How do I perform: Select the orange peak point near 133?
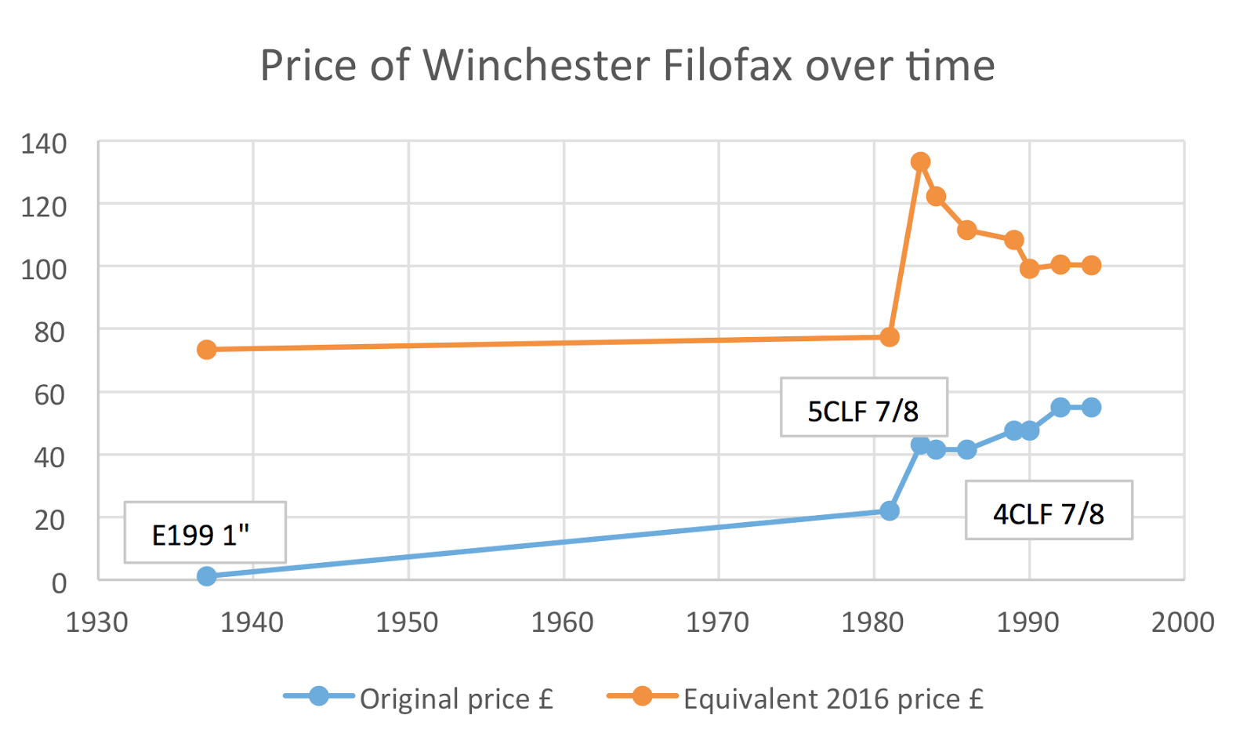click(x=920, y=162)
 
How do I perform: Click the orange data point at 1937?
click(x=206, y=350)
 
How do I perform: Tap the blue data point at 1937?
click(x=206, y=576)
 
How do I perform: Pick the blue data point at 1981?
click(x=889, y=511)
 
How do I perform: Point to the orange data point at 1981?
click(x=889, y=337)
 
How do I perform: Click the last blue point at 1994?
click(x=1091, y=408)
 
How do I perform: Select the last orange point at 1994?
click(x=1091, y=266)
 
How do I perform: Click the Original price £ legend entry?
click(x=455, y=699)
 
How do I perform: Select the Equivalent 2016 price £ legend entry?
click(x=832, y=699)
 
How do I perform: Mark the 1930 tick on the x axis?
click(x=96, y=623)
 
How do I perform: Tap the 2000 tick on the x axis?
click(x=1182, y=623)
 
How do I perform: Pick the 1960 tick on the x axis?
click(x=562, y=623)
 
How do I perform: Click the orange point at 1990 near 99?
click(x=1029, y=269)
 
